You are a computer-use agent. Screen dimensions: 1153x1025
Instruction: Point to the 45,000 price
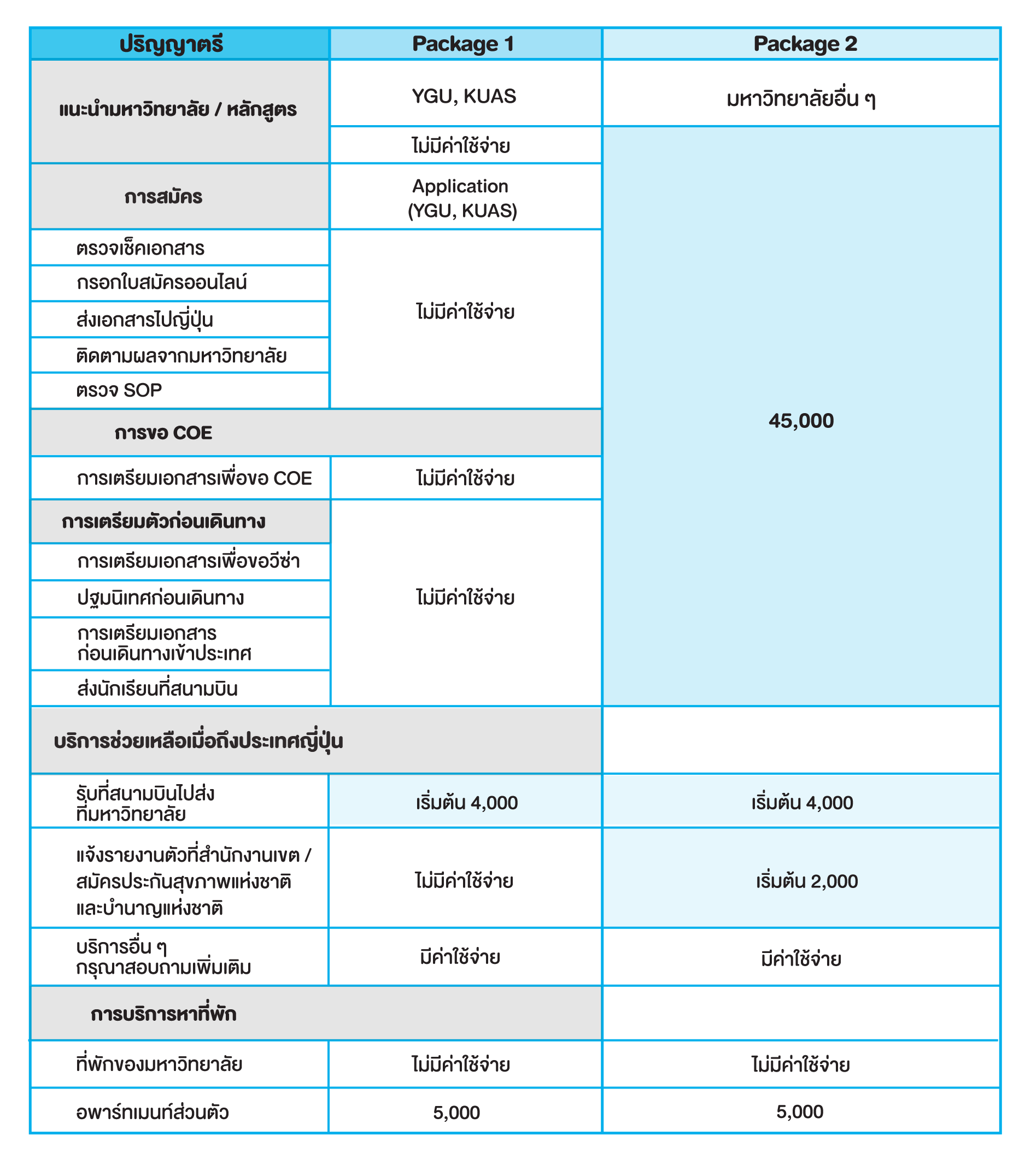pyautogui.click(x=801, y=421)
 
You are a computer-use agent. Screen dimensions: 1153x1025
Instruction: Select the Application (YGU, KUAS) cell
pyautogui.click(x=462, y=198)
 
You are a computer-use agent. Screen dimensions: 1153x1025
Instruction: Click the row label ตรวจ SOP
pyautogui.click(x=119, y=390)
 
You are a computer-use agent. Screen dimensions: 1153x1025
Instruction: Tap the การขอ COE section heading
pyautogui.click(x=163, y=433)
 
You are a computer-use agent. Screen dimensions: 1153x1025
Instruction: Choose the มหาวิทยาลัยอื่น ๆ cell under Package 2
pyautogui.click(x=801, y=99)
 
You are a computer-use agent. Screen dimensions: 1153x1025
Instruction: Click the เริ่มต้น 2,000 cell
pyautogui.click(x=806, y=881)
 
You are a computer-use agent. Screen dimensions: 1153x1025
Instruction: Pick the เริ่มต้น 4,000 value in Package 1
pyautogui.click(x=467, y=803)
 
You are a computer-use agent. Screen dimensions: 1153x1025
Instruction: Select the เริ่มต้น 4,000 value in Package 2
pyautogui.click(x=802, y=803)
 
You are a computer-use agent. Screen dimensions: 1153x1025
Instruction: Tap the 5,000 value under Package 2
pyautogui.click(x=800, y=1112)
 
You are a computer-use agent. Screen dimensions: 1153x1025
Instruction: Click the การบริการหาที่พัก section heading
pyautogui.click(x=163, y=1014)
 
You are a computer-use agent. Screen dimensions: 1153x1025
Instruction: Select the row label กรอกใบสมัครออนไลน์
pyautogui.click(x=161, y=283)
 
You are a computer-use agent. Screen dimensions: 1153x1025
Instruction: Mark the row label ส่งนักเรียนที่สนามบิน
pyautogui.click(x=157, y=689)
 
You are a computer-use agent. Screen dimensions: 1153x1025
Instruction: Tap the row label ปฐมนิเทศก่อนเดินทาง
pyautogui.click(x=161, y=598)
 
